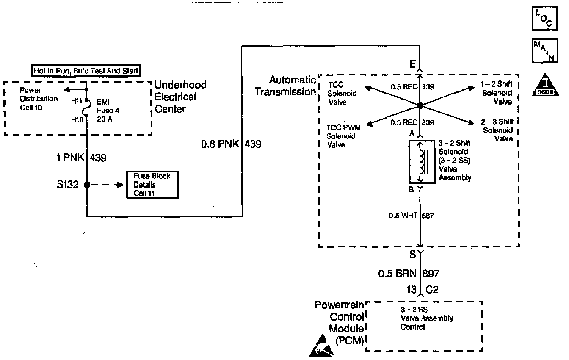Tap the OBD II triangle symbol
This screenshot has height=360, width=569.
click(x=544, y=85)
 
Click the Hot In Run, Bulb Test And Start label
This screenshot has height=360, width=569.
click(x=86, y=71)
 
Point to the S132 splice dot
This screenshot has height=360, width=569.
click(x=87, y=185)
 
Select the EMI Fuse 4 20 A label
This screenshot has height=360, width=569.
click(x=105, y=111)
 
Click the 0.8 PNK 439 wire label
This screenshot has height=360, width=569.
click(x=231, y=144)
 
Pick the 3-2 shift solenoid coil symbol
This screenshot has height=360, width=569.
click(x=421, y=161)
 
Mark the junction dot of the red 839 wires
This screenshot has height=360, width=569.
click(x=420, y=105)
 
